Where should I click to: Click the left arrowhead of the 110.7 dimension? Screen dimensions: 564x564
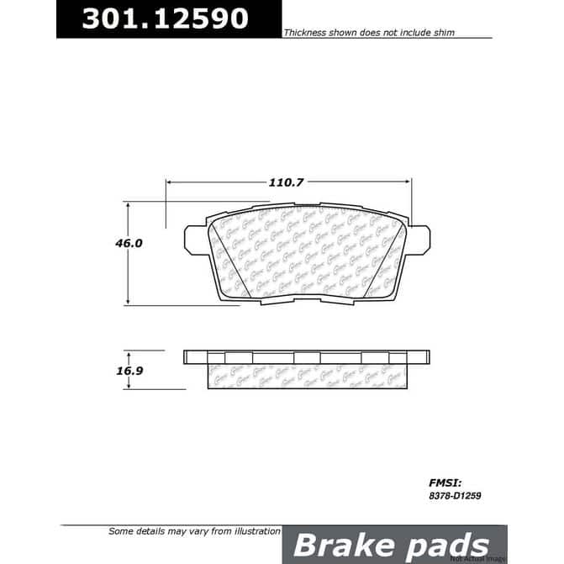pyautogui.click(x=169, y=182)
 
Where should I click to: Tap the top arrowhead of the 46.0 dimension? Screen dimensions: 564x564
pyautogui.click(x=127, y=204)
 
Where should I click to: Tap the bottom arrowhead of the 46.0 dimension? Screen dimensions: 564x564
pyautogui.click(x=127, y=300)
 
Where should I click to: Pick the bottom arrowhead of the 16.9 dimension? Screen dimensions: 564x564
pyautogui.click(x=127, y=385)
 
